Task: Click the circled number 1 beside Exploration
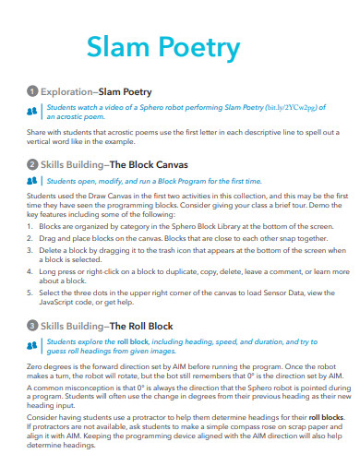coord(32,93)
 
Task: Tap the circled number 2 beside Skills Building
coord(32,163)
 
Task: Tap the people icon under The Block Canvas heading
coord(33,180)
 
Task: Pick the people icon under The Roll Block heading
coord(33,345)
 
